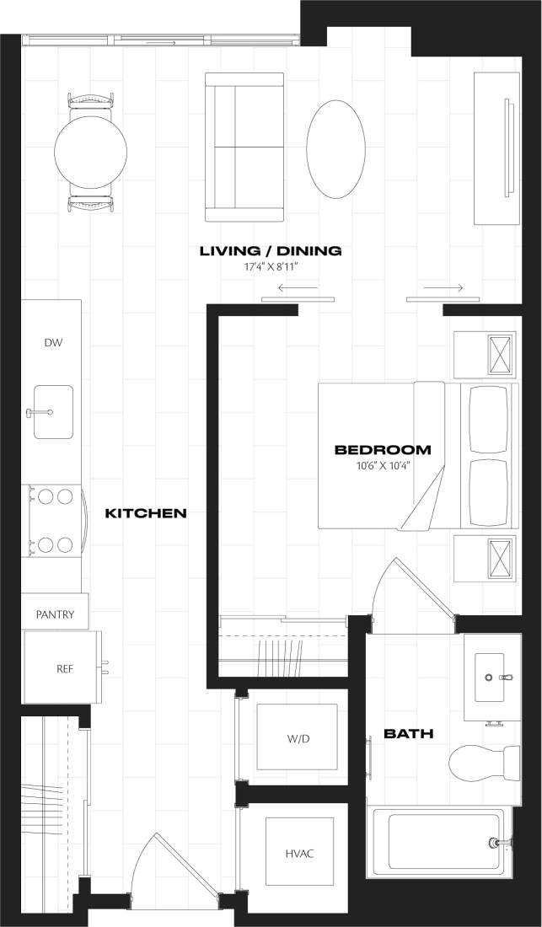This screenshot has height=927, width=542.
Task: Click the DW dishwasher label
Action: click(52, 343)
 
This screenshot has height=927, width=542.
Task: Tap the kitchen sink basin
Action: click(53, 412)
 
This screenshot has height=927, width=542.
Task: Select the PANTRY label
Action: click(55, 615)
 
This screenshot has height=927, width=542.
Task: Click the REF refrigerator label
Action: click(65, 669)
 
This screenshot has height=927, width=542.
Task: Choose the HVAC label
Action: click(298, 854)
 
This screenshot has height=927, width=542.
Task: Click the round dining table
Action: click(90, 153)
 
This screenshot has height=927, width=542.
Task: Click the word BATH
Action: click(408, 734)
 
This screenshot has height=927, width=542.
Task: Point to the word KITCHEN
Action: click(145, 513)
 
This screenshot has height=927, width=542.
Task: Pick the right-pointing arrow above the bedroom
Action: click(443, 288)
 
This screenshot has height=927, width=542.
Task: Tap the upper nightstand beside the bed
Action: click(485, 354)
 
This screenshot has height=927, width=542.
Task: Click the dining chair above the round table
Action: click(90, 100)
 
